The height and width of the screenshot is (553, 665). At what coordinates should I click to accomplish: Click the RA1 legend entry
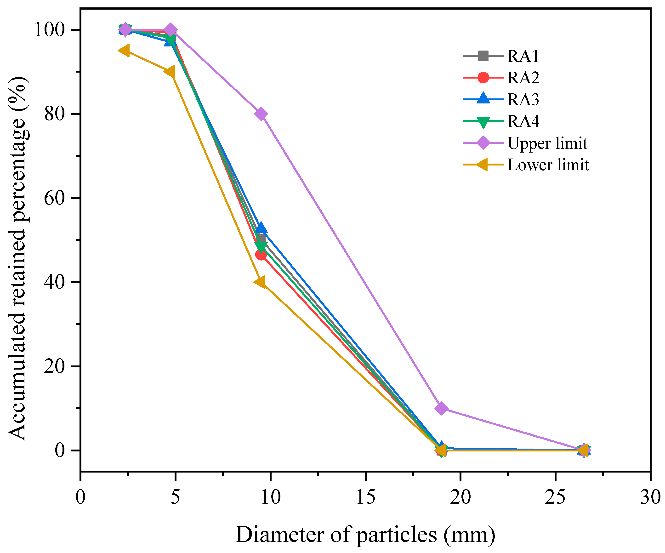coord(523,56)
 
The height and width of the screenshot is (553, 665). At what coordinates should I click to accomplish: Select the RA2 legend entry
coord(523,78)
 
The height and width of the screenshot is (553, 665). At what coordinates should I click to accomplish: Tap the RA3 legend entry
coord(523,99)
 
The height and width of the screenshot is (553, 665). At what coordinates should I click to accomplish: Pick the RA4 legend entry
coord(523,121)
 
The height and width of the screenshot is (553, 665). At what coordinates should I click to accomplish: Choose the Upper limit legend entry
coord(547,143)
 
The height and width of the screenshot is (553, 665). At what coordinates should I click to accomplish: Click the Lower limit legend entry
coord(548,165)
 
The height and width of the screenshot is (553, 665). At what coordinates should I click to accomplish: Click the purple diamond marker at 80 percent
coord(261,114)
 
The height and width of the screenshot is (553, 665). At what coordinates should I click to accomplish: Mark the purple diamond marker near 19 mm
coord(441,409)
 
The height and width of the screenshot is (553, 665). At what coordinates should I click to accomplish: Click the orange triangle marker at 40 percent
coord(260,282)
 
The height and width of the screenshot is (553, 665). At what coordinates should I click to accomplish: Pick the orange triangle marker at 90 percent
coord(169,72)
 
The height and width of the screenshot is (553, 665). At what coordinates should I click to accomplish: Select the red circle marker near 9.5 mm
coord(261,255)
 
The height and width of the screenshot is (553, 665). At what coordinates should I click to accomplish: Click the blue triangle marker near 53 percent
coord(261,228)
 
